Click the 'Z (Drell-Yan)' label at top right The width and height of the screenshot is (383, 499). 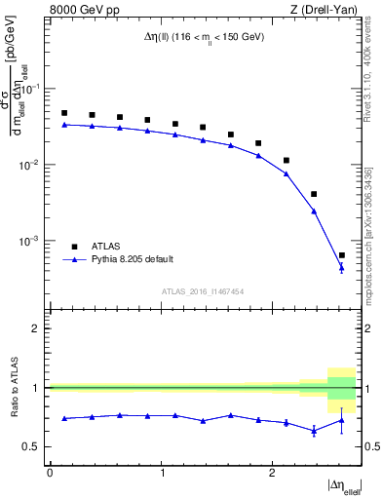tap(324, 11)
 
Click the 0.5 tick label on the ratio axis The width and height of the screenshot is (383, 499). tap(35, 446)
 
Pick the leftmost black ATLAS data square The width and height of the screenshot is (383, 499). tap(64, 113)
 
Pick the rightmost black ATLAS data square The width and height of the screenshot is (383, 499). tap(341, 255)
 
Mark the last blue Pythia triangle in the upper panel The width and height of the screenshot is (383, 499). tap(341, 268)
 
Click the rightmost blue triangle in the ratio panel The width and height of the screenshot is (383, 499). tap(341, 420)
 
